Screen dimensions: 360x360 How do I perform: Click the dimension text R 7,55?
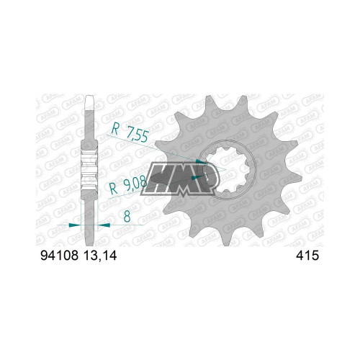coord(130,132)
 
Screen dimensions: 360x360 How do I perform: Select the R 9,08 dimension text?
coord(128,186)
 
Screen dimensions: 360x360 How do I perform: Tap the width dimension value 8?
coord(127,217)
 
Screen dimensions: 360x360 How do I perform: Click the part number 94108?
coord(60,256)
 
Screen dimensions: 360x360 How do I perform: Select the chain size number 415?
coord(307,256)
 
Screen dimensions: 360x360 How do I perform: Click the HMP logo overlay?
coord(180,179)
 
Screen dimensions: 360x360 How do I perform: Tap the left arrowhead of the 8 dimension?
coord(74,225)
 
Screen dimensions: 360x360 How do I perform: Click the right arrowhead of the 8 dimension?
coord(104,225)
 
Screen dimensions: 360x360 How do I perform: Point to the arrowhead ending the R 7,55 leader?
coord(201,161)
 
